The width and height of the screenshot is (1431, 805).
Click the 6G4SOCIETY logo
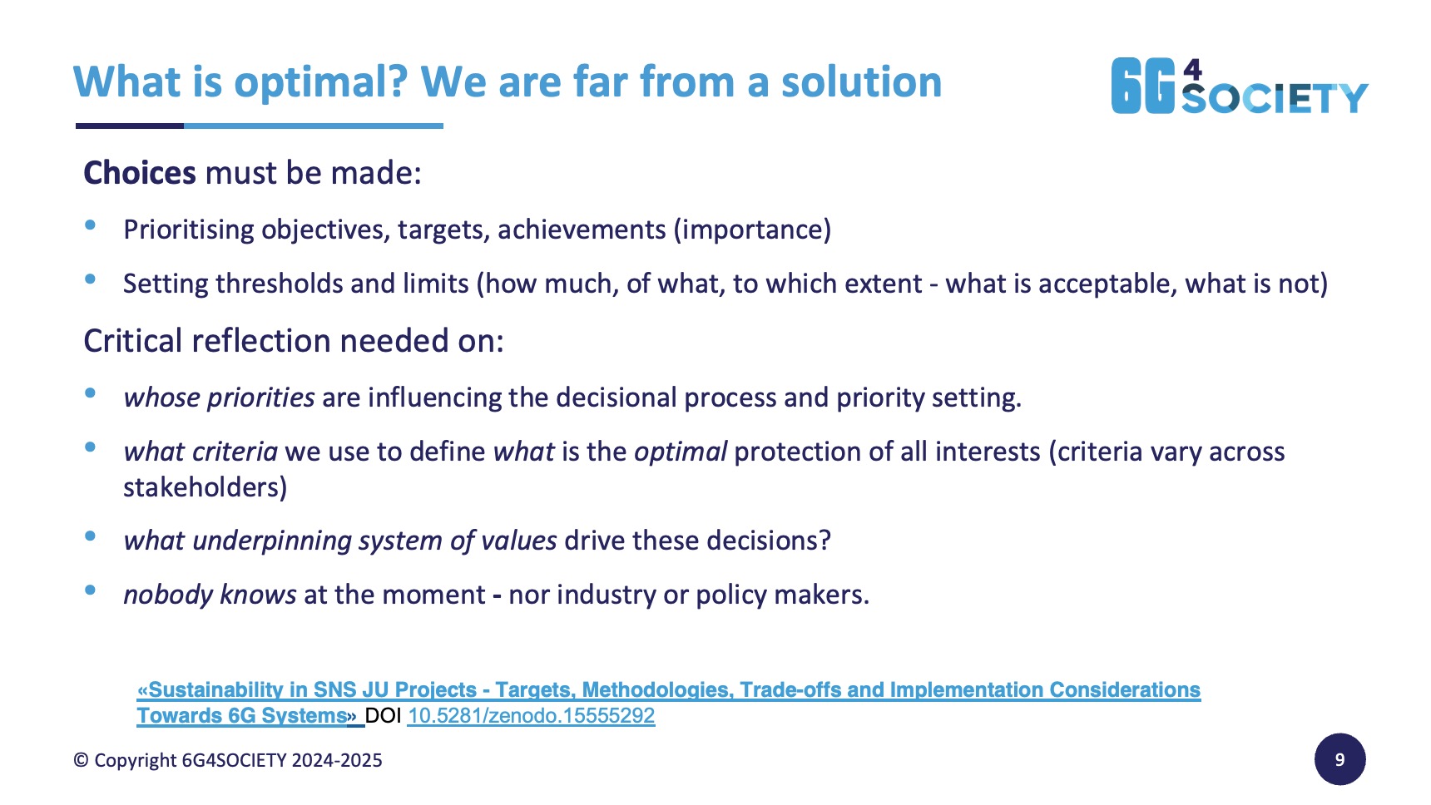pos(1239,86)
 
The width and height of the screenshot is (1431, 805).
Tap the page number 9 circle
pos(1339,759)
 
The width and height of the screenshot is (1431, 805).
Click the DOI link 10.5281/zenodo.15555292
pos(531,716)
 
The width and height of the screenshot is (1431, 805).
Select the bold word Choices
pos(140,173)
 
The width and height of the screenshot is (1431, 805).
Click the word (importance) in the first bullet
pos(752,230)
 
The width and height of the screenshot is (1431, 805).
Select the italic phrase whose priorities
pos(219,398)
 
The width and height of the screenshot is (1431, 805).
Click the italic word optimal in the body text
pos(681,452)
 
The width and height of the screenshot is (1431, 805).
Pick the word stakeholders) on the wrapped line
pos(205,487)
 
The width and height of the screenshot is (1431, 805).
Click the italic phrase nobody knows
pos(210,595)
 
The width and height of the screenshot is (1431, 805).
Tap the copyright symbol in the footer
pos(81,760)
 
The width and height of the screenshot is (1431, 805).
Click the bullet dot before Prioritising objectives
pos(91,225)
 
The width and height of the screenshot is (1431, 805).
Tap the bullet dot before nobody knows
pos(91,590)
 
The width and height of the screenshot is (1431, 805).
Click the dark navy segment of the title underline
pos(130,126)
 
